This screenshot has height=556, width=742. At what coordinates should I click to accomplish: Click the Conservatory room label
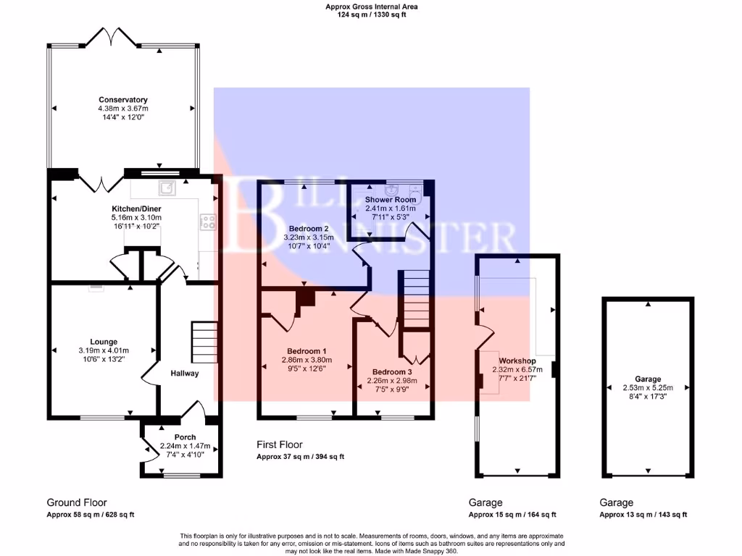(123, 100)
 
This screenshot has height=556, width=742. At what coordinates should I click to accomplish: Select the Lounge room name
(104, 342)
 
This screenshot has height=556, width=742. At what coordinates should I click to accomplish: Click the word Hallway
(184, 374)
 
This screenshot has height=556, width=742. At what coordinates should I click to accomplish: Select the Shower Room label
(391, 200)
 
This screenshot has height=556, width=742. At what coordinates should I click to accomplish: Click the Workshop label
(517, 361)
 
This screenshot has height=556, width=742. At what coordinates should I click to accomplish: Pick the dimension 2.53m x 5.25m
(648, 388)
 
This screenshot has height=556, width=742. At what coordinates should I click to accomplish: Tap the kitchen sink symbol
(168, 188)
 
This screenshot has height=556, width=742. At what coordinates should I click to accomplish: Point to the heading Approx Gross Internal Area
(372, 7)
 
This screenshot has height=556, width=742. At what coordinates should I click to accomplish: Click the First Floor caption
(280, 445)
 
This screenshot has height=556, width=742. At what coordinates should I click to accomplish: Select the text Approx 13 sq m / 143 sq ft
(643, 515)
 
